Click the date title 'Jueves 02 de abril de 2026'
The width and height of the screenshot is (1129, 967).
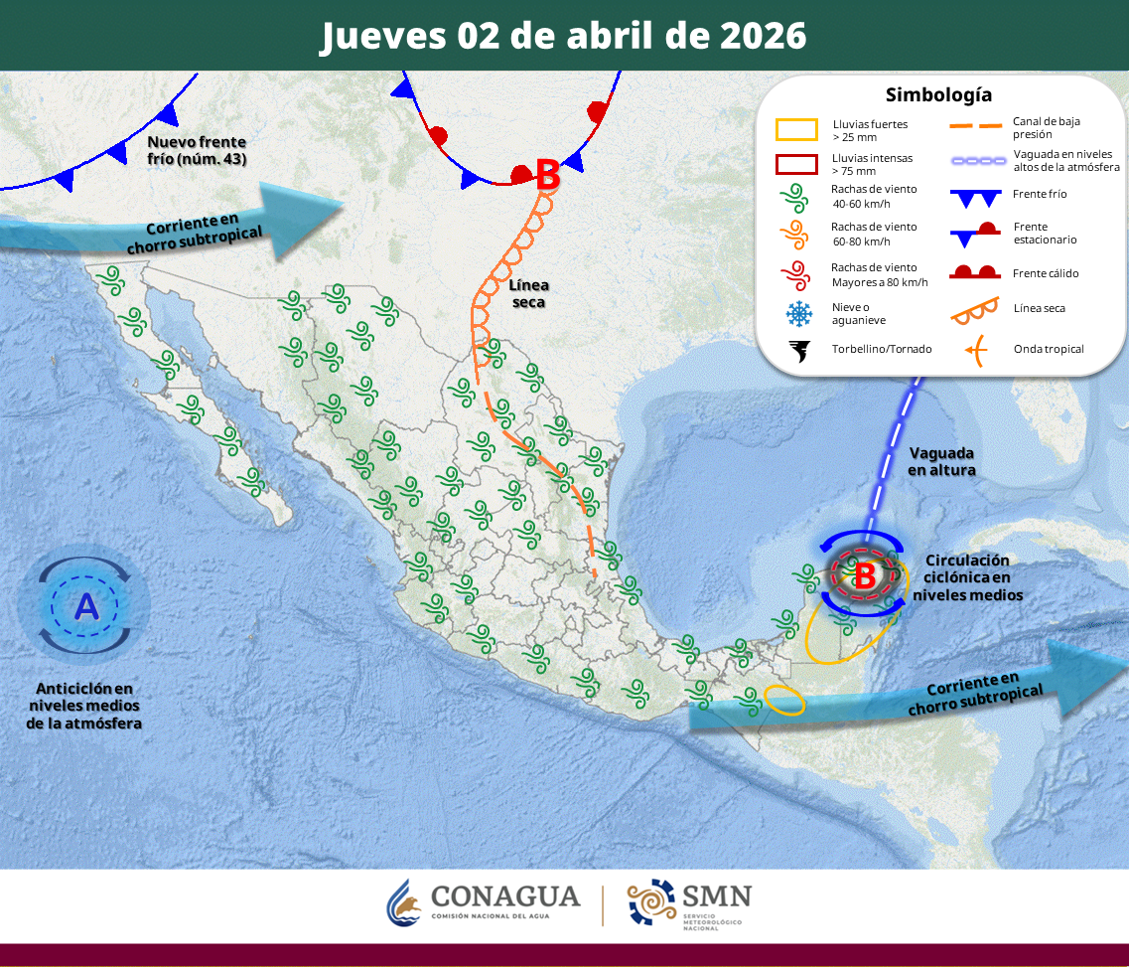click(563, 36)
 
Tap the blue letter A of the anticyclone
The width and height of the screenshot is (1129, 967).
click(87, 606)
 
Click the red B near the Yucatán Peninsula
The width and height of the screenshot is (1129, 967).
click(865, 574)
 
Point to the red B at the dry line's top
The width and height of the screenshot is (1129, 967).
click(547, 177)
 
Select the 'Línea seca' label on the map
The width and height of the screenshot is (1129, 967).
click(528, 293)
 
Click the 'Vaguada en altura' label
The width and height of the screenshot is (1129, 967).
click(941, 460)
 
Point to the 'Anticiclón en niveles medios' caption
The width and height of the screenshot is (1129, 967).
click(84, 706)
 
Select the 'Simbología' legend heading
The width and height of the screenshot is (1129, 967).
click(938, 95)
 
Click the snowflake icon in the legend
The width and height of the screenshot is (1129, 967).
click(797, 314)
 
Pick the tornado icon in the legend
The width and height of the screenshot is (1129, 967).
click(797, 350)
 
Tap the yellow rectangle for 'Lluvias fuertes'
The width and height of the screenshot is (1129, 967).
click(796, 130)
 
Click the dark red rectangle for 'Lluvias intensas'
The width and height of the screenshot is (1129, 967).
click(796, 163)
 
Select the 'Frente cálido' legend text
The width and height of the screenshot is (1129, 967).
click(1046, 273)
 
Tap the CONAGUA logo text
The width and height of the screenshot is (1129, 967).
click(505, 895)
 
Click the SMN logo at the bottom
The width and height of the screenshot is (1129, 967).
click(690, 902)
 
